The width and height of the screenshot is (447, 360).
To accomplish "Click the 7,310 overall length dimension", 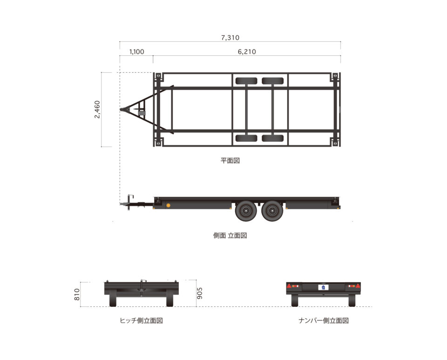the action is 230,38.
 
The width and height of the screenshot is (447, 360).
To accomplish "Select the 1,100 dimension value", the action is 137,52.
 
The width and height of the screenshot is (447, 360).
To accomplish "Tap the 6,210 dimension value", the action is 247,52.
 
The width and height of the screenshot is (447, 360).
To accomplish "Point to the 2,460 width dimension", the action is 97,109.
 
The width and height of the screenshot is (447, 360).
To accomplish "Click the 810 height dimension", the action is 77,294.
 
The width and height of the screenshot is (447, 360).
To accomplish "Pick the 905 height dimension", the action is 200,293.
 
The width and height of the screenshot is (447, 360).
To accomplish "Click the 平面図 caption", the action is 230,161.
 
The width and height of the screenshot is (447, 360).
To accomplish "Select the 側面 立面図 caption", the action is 230,236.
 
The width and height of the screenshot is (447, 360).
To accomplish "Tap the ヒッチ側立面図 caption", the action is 142,321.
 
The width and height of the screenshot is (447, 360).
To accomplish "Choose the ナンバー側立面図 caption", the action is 324,321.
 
